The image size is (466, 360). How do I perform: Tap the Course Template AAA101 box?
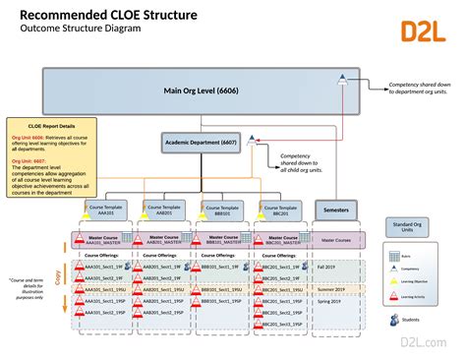107,210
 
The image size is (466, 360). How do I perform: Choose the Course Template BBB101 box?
220,210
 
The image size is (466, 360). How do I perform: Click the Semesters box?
337,210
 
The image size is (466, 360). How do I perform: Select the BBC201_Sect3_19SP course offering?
279,338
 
